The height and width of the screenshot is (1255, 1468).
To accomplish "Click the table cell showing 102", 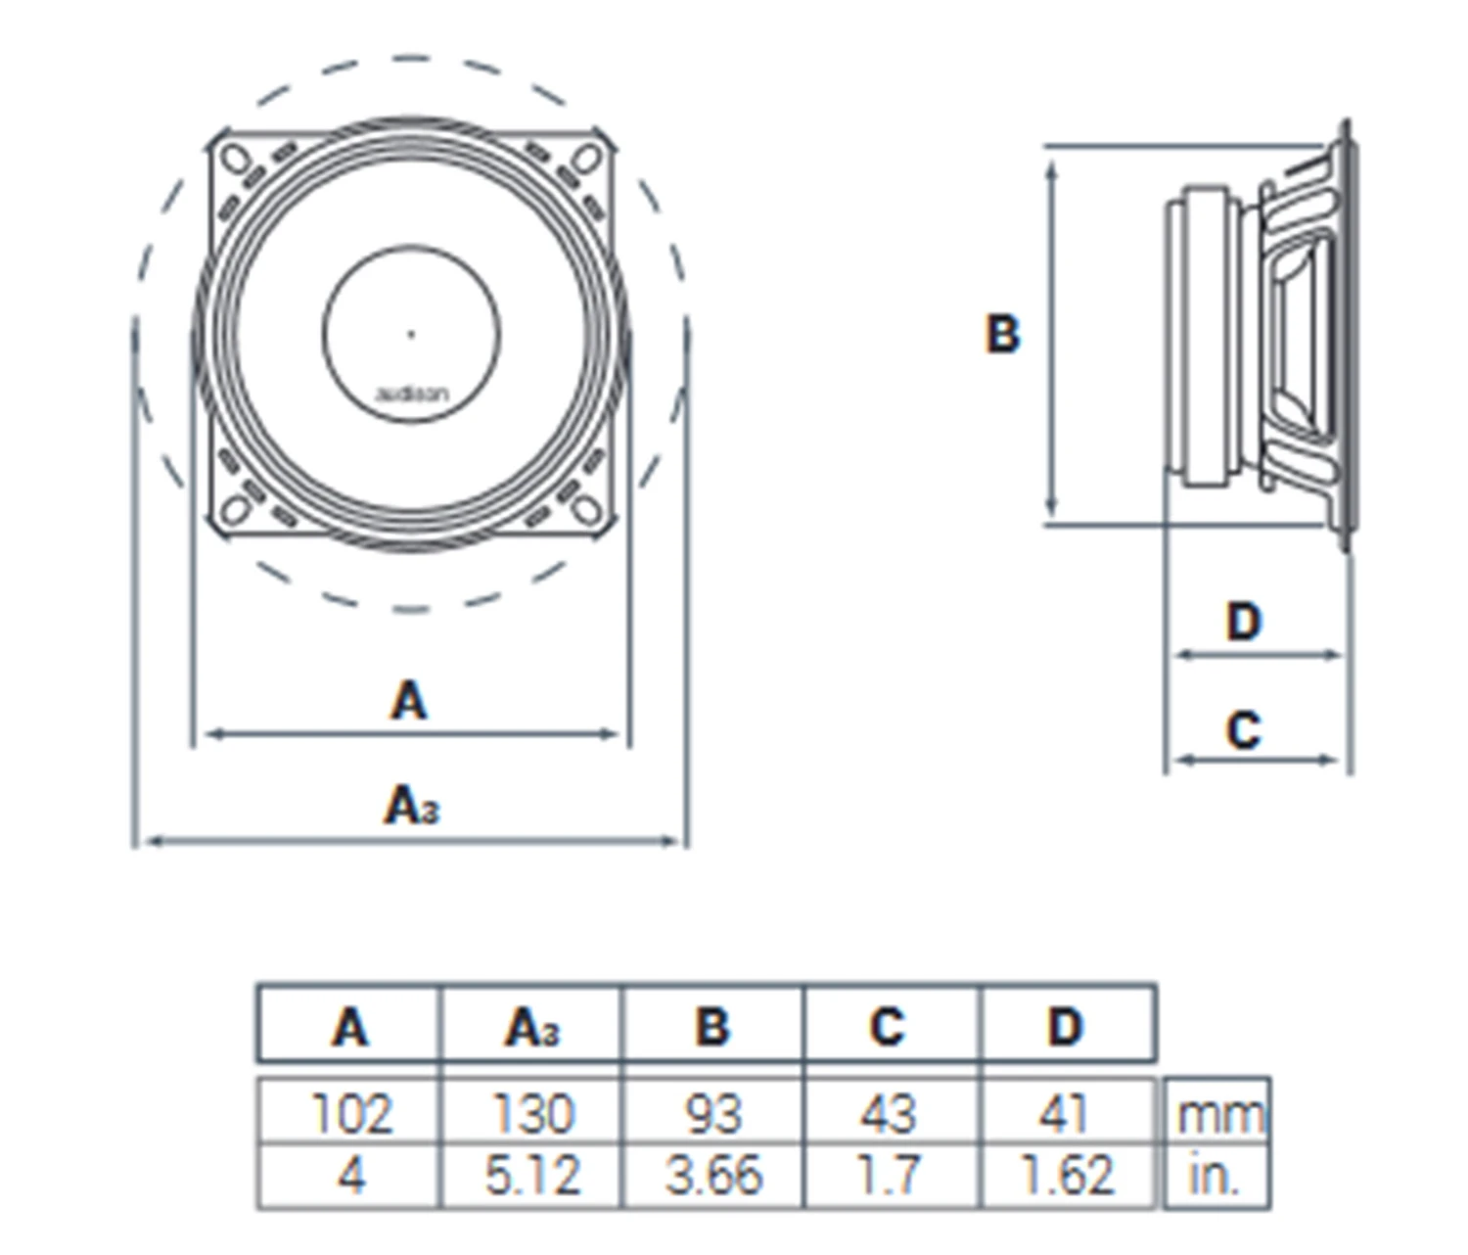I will point(350,1113).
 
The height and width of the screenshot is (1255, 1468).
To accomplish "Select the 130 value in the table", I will point(532,1113).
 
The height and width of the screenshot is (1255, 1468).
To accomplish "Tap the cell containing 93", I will point(712,1113).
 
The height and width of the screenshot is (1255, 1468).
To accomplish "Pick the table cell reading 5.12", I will point(532,1175).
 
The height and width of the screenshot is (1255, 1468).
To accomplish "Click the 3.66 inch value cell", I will point(712,1175).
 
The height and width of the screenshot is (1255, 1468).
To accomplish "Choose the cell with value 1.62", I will point(1067,1175).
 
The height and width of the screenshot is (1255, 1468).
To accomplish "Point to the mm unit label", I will point(1218,1114).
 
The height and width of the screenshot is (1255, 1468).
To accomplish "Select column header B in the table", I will point(712,1026).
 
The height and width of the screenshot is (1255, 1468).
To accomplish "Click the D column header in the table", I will point(1066,1026).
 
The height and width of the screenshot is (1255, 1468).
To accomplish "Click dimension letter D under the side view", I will point(1244,622).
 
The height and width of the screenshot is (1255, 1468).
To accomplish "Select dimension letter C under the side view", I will point(1244,730).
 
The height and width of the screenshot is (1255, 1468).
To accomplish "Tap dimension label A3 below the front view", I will point(411,807).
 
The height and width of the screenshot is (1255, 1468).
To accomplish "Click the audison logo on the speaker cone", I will point(412,395).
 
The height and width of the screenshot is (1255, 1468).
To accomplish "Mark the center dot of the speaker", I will point(411,334).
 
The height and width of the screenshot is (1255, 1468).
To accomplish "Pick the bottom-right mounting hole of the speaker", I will point(586,509).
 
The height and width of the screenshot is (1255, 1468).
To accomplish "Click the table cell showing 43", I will point(889,1113).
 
